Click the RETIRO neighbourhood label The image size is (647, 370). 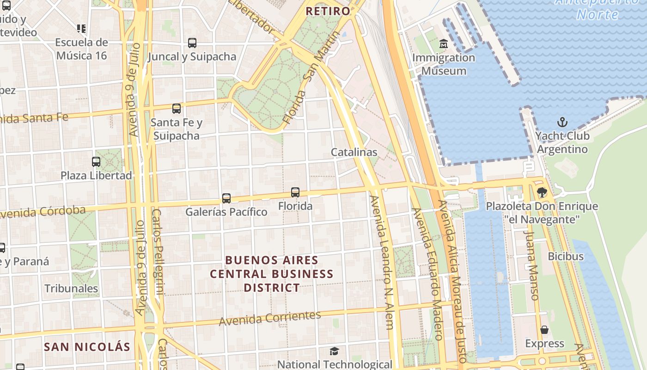coord(328,11)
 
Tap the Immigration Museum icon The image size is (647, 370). coord(444,44)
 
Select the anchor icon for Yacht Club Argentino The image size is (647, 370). coord(562,122)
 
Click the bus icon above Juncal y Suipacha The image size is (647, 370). coord(192,43)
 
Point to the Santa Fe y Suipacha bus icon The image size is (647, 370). coord(177,109)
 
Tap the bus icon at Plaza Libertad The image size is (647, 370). coord(96,162)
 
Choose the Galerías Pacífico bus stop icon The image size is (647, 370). coord(226,198)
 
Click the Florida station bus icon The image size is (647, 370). coord(295,192)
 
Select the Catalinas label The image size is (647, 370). coord(354,152)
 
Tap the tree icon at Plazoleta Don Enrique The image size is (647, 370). coord(542,192)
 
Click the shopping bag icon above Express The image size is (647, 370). coord(544,330)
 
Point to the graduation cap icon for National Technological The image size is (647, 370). coord(334,351)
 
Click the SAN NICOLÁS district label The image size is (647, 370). coord(87,346)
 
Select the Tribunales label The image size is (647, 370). coord(71,289)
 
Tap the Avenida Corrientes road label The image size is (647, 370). coord(270,318)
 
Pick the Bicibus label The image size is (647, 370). coord(566,256)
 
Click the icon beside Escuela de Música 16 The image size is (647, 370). coord(81,29)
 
